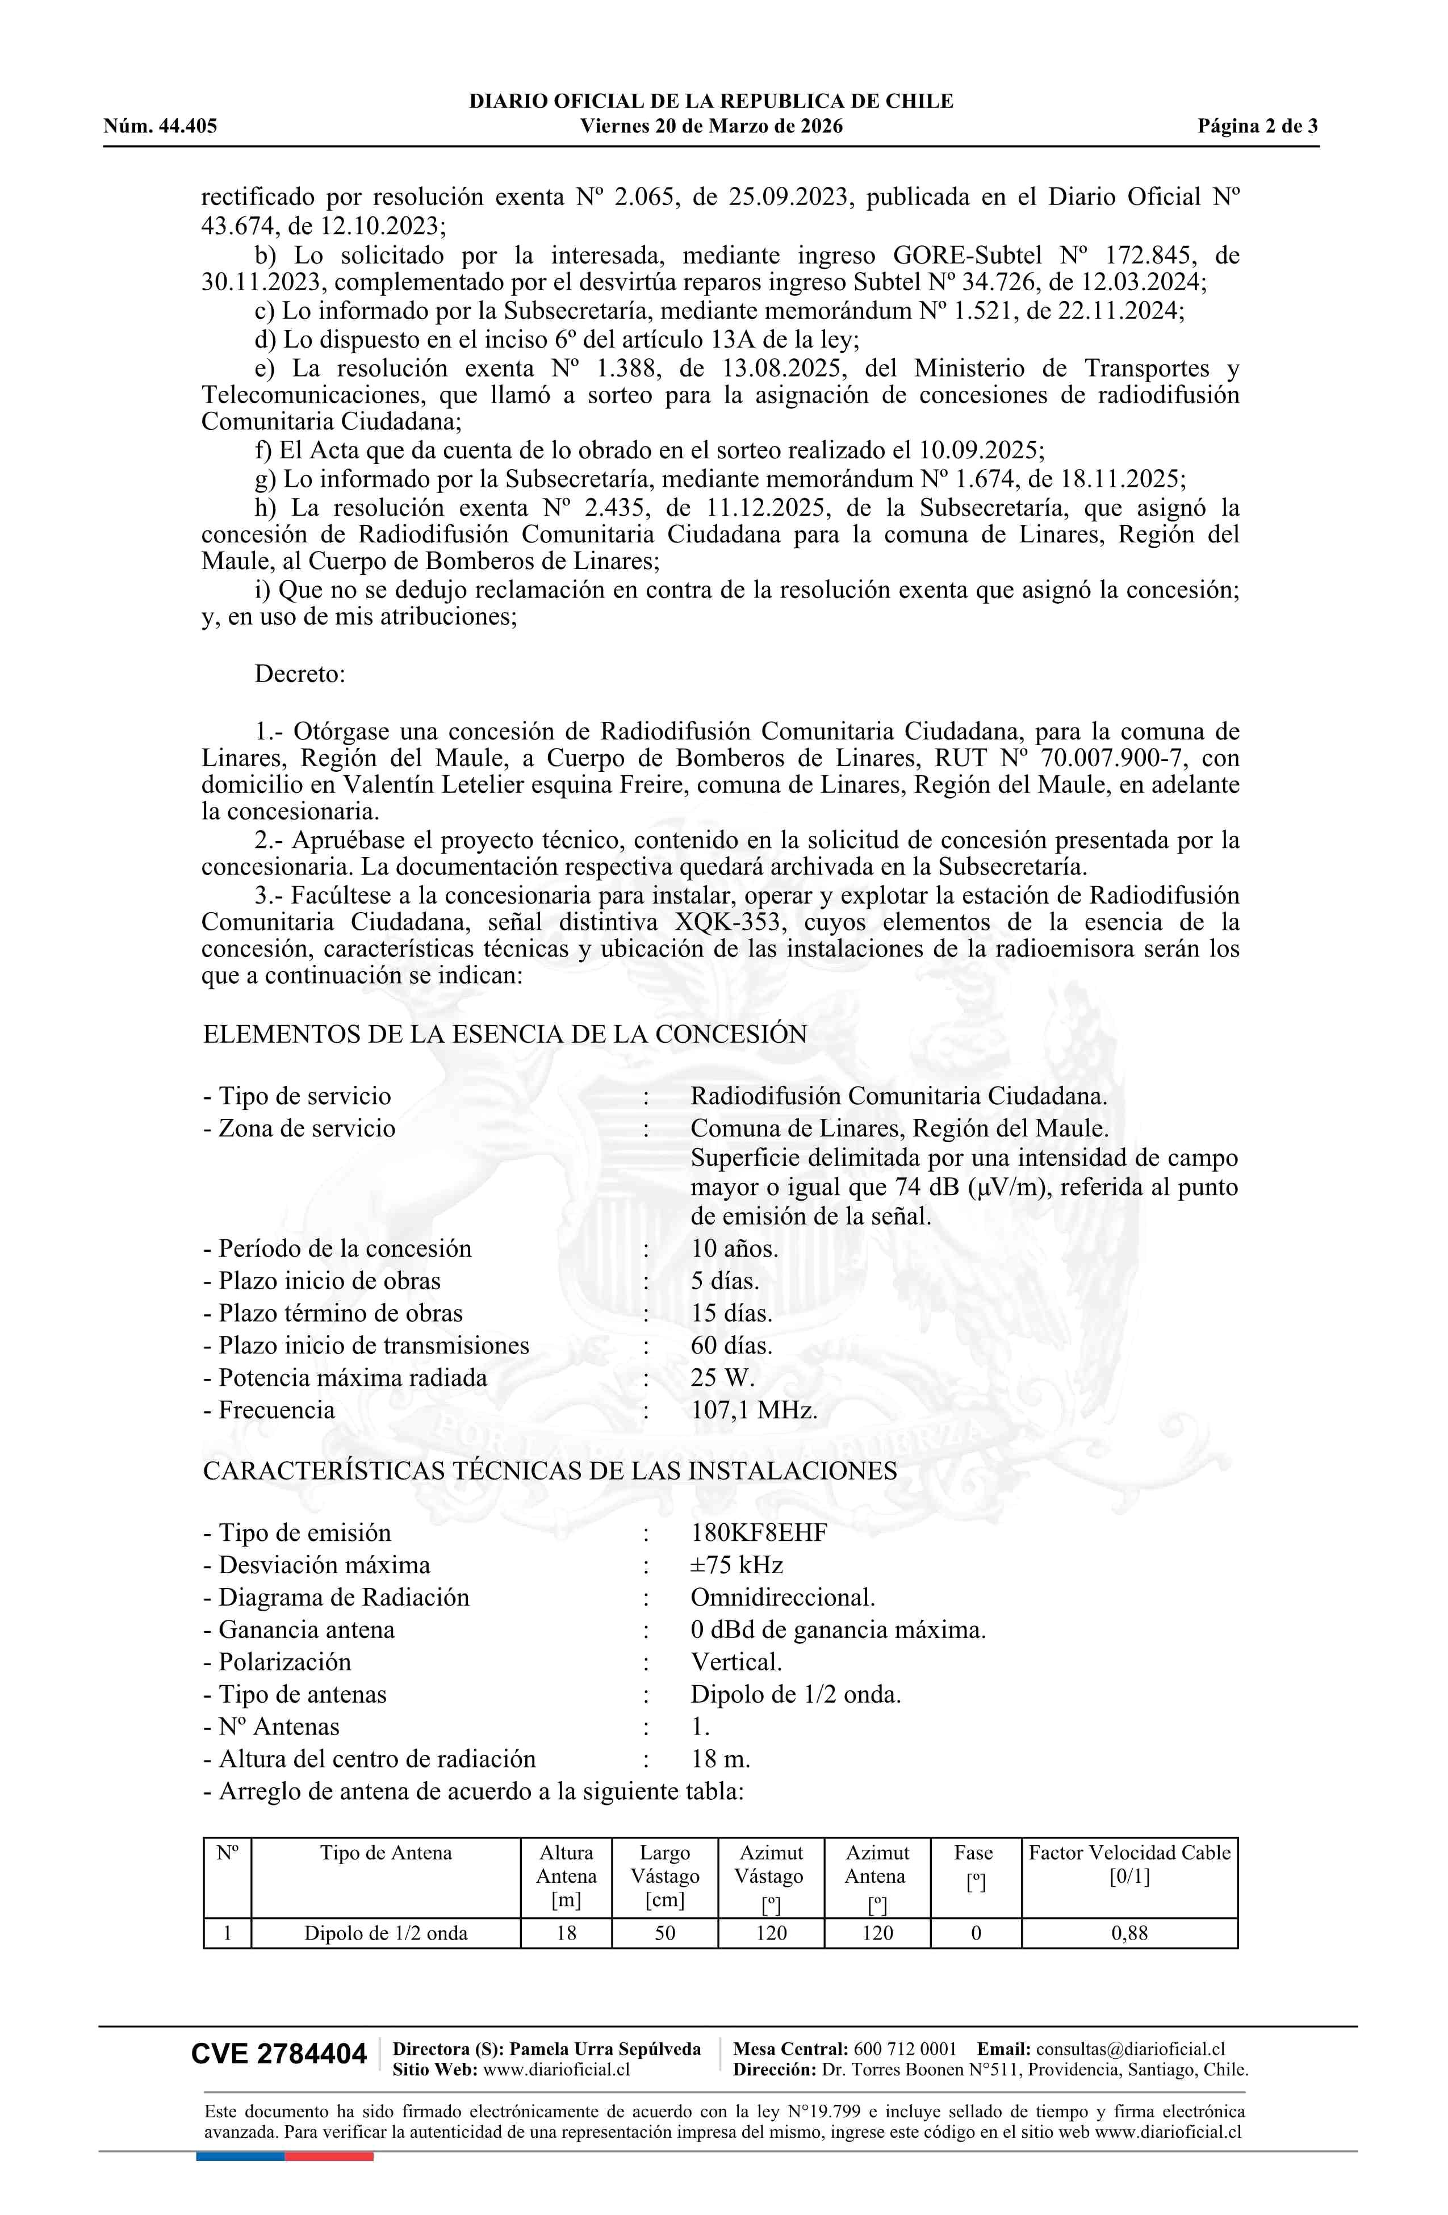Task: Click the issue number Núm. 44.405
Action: [x=160, y=127]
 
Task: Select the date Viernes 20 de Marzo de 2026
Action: [x=711, y=127]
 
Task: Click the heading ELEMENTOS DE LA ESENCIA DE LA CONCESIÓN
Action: [x=504, y=1034]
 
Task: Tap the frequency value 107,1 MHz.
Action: [x=754, y=1410]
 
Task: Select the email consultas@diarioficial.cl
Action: [x=1130, y=2049]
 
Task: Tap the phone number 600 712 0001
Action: [x=905, y=2049]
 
